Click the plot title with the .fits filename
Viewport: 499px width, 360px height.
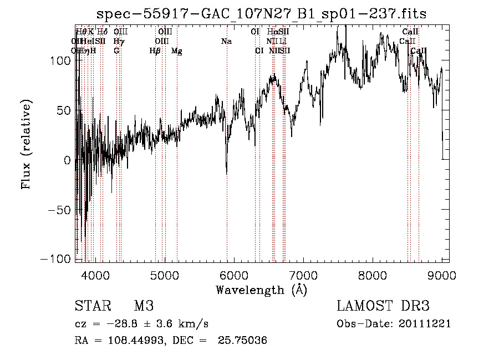(x=261, y=14)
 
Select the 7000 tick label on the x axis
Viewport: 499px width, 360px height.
(x=303, y=275)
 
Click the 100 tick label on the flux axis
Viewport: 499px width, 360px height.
(x=64, y=60)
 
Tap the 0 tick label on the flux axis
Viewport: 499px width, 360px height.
(x=68, y=160)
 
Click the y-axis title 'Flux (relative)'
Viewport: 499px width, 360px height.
(x=26, y=145)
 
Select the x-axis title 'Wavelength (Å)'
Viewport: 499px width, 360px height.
(x=261, y=290)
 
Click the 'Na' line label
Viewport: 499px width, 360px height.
(x=226, y=42)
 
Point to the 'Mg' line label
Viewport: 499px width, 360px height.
(x=177, y=51)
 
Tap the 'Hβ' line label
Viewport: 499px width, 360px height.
(x=155, y=51)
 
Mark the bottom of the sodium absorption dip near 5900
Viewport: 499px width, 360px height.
(x=227, y=174)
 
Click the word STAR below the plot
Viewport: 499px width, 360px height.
(x=91, y=306)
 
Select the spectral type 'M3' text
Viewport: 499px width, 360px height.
(x=144, y=306)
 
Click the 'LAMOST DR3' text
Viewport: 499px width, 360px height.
(x=383, y=306)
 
